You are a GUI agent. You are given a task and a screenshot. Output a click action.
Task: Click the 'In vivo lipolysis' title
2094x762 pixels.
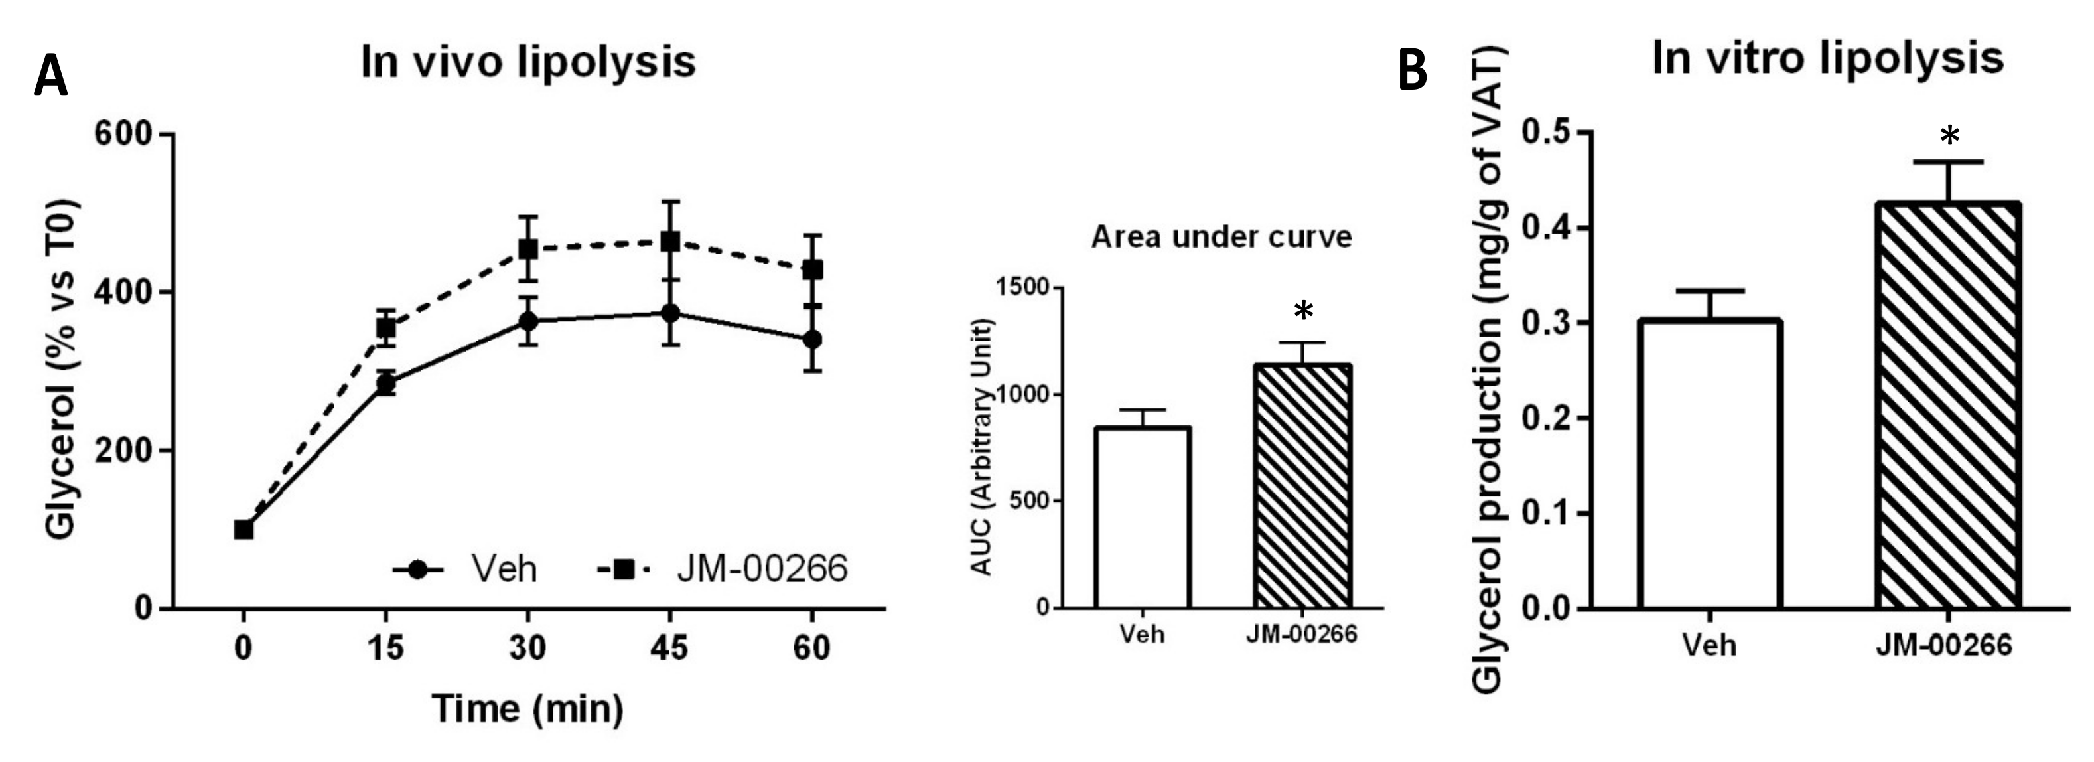click(x=528, y=62)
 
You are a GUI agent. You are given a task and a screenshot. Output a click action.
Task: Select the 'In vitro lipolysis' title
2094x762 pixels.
click(x=1827, y=58)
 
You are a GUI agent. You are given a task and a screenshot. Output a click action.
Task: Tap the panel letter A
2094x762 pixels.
click(x=50, y=77)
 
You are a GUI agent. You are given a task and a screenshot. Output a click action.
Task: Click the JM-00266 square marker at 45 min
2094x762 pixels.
click(x=670, y=242)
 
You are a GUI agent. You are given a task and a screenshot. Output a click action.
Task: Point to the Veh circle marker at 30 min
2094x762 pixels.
click(x=528, y=321)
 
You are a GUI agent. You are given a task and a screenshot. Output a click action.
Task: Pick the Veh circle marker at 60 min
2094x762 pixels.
click(x=812, y=339)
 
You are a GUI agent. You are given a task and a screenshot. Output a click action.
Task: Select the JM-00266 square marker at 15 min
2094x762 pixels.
click(x=386, y=328)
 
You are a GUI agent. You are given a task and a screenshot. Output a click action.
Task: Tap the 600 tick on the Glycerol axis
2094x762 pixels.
click(x=123, y=133)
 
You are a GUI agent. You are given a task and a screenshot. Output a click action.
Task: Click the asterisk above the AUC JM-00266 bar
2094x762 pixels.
click(x=1303, y=311)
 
